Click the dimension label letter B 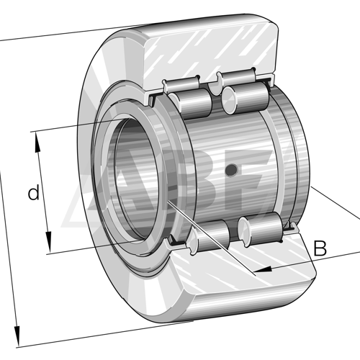[320, 248]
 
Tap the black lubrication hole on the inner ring [232, 169]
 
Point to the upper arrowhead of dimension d [37, 142]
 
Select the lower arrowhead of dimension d [49, 242]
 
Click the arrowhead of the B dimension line [263, 269]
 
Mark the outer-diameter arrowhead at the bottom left [17, 336]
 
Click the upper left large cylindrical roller [190, 104]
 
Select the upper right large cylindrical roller [246, 98]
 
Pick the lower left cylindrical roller [210, 237]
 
